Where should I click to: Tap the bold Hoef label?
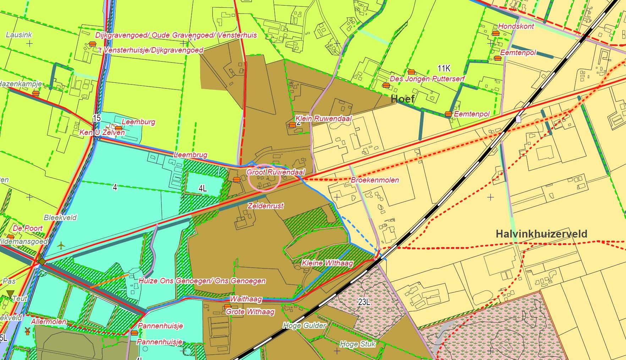[402, 99]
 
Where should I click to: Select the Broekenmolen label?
[375, 180]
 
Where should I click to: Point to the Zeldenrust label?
[265, 206]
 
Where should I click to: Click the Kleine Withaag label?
[327, 263]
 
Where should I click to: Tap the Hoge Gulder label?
[304, 326]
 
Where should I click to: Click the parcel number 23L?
[364, 302]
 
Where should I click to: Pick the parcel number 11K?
[444, 68]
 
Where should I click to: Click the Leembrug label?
[190, 155]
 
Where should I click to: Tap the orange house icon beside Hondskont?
[495, 33]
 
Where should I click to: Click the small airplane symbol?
[61, 245]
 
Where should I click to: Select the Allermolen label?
[49, 322]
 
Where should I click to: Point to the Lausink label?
[19, 35]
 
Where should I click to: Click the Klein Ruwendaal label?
[323, 119]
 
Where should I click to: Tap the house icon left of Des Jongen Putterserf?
[386, 85]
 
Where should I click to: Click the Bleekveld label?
[60, 218]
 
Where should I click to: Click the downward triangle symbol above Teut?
[10, 294]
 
